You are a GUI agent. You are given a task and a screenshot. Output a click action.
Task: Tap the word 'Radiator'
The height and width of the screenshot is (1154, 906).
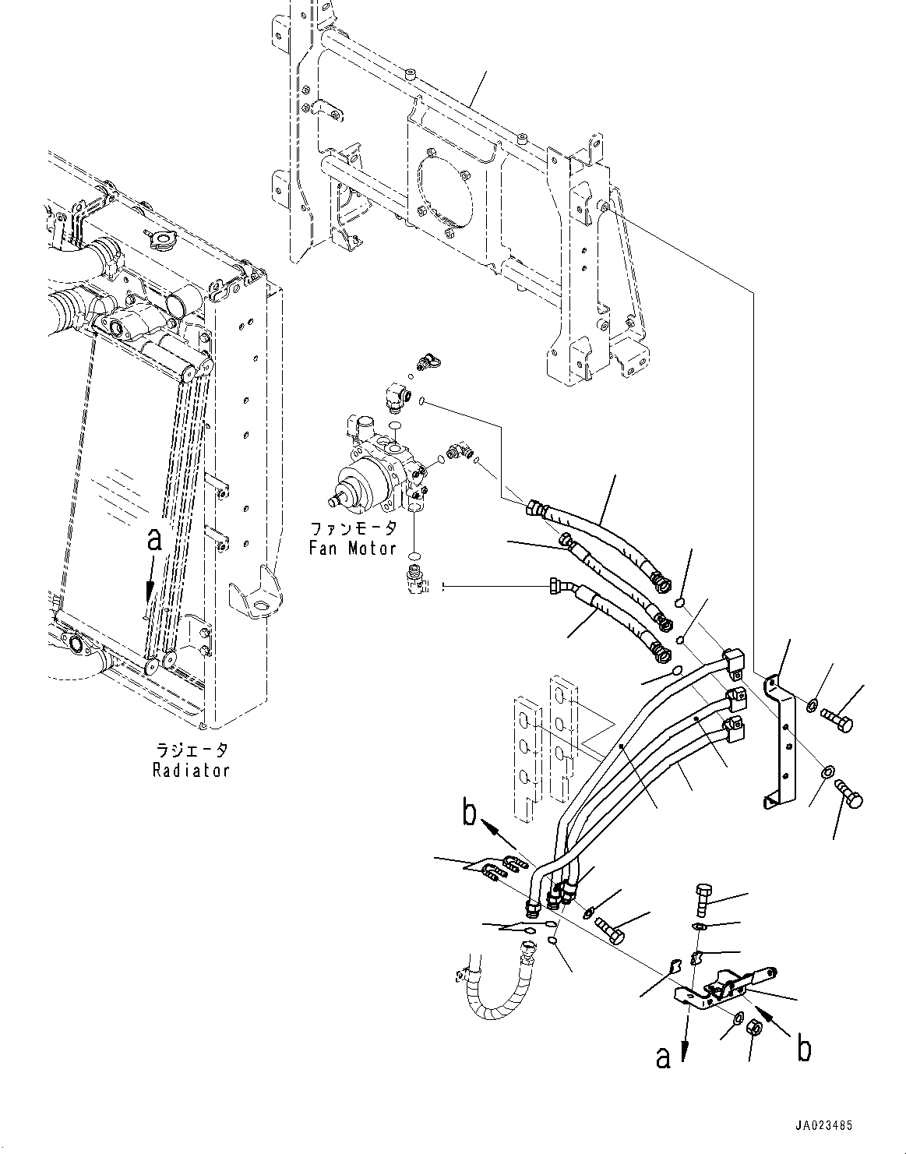(x=191, y=770)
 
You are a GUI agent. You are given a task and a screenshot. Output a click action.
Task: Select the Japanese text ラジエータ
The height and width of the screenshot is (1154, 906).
(x=191, y=750)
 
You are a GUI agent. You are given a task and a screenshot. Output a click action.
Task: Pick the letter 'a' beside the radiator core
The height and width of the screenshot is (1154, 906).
(x=155, y=539)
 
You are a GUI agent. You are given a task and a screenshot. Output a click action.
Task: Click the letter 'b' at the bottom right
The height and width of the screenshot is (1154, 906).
(x=803, y=1049)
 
